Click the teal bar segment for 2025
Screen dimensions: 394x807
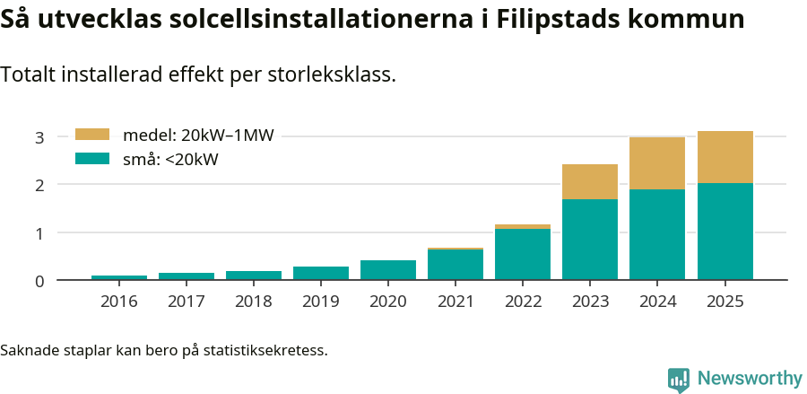[725, 232]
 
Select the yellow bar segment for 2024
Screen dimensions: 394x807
[657, 163]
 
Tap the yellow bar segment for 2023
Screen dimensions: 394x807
[590, 182]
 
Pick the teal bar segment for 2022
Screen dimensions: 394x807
[523, 254]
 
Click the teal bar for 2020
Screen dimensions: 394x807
[388, 270]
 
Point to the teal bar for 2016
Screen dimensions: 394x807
[119, 277]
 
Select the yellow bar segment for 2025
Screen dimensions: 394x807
[725, 157]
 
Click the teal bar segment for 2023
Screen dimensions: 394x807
[590, 240]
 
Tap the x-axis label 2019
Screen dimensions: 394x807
[321, 302]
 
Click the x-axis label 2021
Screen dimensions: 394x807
[456, 302]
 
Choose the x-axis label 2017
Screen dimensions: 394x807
[187, 302]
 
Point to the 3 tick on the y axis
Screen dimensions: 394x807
[39, 137]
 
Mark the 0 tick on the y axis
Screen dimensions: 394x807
[39, 281]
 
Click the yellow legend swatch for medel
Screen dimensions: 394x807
[91, 135]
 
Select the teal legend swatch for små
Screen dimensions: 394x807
[91, 159]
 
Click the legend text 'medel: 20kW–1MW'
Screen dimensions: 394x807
[197, 136]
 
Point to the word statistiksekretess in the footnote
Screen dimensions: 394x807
[265, 349]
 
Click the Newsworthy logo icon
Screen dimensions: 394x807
[679, 379]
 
